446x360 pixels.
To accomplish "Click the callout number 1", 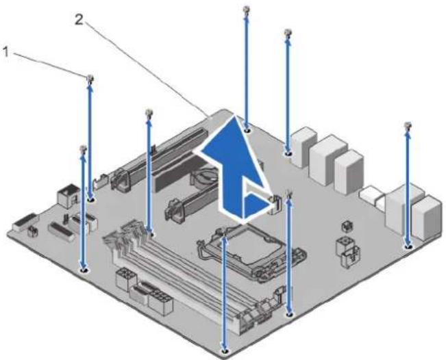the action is tap(6, 52).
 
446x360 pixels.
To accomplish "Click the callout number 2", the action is tap(79, 20).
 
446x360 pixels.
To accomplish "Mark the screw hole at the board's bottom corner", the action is tap(225, 352).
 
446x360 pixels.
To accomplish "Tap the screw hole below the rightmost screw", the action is tap(408, 246).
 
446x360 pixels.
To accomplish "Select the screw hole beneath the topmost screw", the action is tap(247, 131).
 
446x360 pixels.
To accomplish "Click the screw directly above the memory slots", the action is tap(149, 112).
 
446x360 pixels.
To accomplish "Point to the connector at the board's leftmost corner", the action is tap(25, 222).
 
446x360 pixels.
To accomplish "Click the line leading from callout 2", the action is tap(146, 68).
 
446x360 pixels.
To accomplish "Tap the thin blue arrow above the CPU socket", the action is tap(225, 293).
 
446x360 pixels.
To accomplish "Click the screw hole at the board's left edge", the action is tap(84, 270).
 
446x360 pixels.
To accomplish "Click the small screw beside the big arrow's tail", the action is tap(288, 194).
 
